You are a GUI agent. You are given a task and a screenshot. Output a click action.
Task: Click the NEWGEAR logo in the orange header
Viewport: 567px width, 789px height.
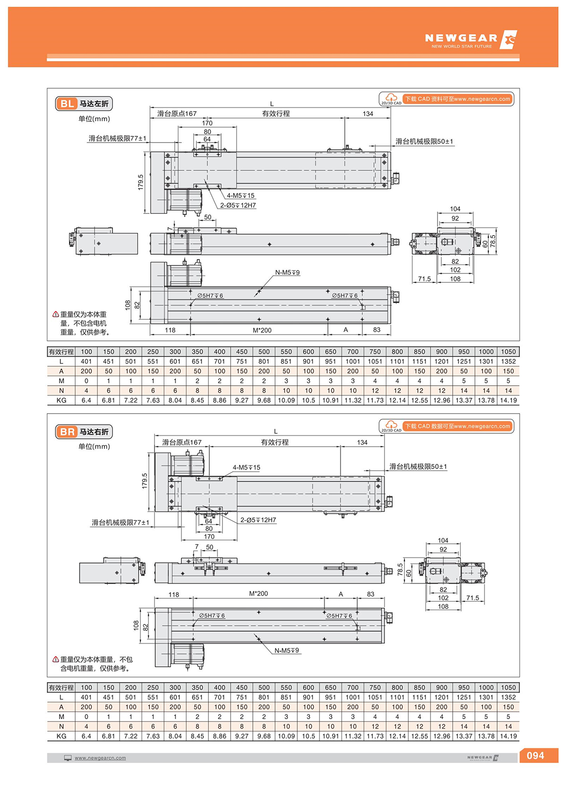(x=470, y=40)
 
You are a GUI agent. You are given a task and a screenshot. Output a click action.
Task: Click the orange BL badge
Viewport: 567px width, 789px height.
(x=67, y=103)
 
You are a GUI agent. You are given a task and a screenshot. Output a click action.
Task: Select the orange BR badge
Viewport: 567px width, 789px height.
(x=67, y=432)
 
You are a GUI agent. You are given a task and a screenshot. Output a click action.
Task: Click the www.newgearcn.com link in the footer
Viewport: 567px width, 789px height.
(x=100, y=758)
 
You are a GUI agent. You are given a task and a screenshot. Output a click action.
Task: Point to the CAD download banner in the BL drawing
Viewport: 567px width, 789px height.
(x=447, y=99)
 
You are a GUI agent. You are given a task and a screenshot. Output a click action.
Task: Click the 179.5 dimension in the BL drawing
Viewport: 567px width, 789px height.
(x=141, y=182)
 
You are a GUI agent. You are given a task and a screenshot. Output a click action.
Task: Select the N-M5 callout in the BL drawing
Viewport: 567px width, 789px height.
(x=287, y=272)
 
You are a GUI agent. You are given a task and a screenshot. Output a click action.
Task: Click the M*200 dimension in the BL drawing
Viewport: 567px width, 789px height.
(x=262, y=330)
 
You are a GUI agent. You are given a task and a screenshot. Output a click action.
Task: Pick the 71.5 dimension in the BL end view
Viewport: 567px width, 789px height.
(x=424, y=279)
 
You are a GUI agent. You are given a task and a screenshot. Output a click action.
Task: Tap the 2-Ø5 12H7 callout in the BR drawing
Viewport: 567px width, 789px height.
(x=258, y=520)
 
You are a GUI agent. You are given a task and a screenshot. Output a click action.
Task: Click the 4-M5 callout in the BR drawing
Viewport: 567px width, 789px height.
(x=246, y=467)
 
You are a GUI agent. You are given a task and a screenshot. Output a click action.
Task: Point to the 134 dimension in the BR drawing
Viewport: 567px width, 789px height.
(x=362, y=442)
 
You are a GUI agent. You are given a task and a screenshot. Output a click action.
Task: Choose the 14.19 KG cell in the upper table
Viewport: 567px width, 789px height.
(x=508, y=400)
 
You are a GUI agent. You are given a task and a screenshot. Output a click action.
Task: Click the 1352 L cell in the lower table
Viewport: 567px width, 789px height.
(x=508, y=697)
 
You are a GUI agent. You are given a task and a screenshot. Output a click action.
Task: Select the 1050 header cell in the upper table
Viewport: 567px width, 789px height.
(x=508, y=351)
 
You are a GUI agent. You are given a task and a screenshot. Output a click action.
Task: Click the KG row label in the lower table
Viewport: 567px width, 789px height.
(x=61, y=736)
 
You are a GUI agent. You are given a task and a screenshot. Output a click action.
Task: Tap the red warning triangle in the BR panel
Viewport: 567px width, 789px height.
(x=56, y=660)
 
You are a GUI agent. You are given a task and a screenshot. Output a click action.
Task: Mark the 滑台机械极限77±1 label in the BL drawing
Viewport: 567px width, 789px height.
(x=117, y=138)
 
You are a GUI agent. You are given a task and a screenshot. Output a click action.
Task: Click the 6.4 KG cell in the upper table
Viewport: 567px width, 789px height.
(x=86, y=400)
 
